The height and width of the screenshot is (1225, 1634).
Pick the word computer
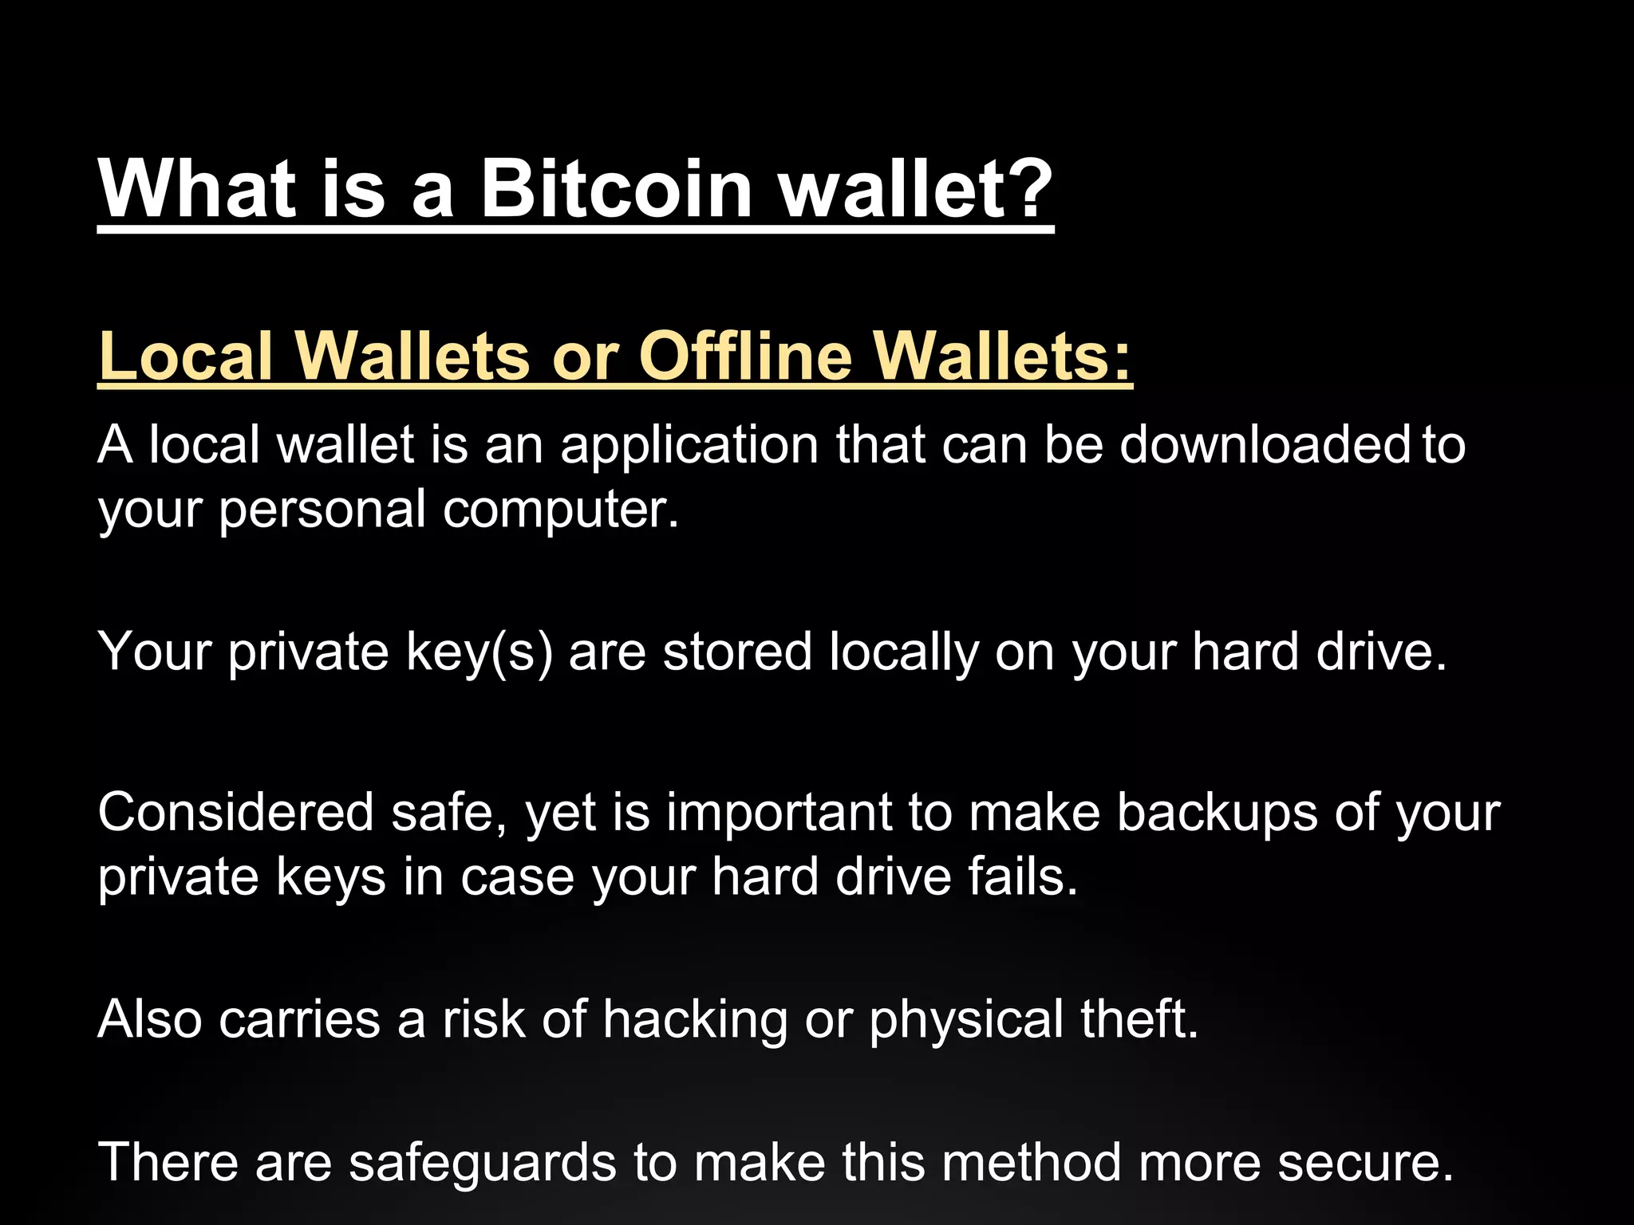tap(560, 510)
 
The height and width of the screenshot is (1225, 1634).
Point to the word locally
tap(903, 652)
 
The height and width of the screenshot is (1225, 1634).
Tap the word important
tap(779, 813)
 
